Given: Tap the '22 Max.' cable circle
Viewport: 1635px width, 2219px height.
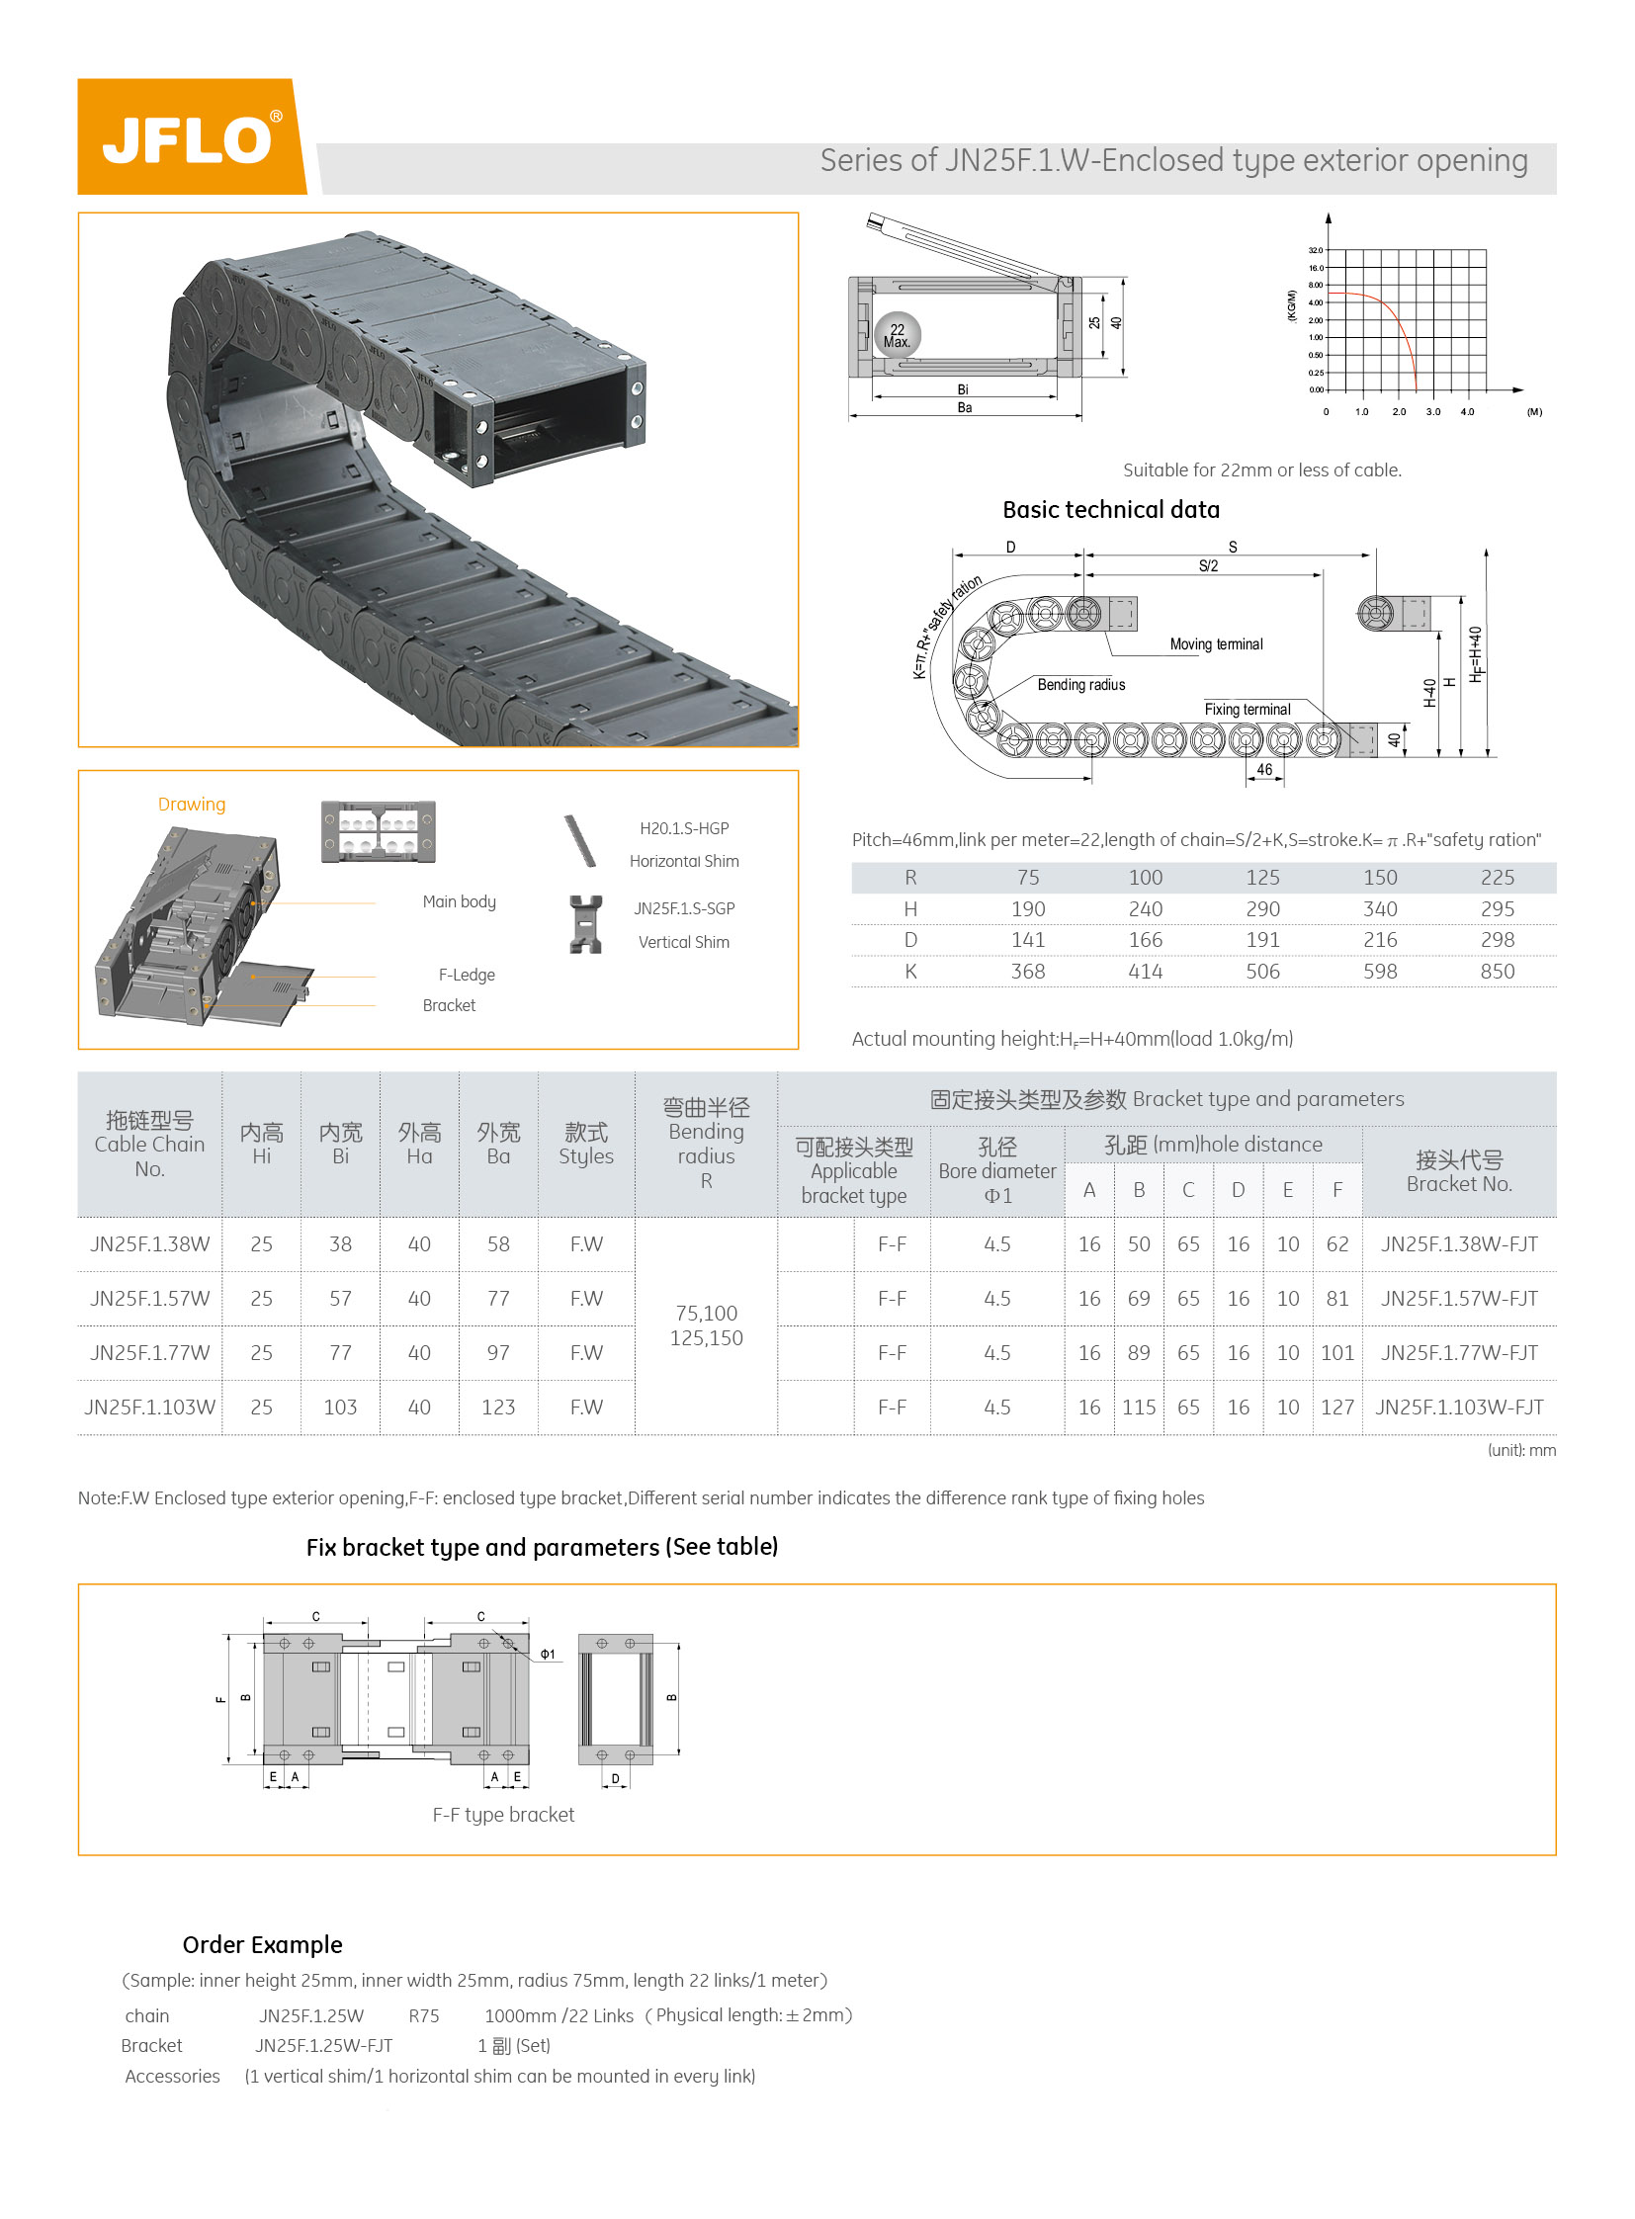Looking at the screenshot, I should (897, 335).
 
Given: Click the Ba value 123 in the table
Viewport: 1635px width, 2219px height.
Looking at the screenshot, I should (498, 1407).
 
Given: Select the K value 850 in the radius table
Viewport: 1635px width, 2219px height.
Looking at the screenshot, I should (1497, 971).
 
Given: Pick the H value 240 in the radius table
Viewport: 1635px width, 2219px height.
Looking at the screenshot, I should (1145, 908).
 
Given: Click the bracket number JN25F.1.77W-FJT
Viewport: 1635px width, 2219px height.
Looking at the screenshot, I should (1459, 1352).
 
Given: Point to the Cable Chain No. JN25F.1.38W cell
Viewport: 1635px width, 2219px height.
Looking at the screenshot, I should (149, 1244).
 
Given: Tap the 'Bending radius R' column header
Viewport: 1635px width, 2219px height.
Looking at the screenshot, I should (706, 1144).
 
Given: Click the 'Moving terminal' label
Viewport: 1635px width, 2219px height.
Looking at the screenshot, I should (1215, 644).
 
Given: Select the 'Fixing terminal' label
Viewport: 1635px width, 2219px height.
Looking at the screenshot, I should (1248, 710).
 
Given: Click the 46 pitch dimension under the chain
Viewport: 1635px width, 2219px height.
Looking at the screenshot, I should (1264, 769).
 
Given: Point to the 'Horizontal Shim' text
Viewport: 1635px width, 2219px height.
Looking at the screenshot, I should (684, 861).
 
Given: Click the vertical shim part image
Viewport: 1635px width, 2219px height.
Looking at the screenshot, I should (585, 923).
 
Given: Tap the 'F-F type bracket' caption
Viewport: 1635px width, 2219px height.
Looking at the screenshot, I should (503, 1814).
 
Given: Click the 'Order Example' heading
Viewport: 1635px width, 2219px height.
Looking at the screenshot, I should (262, 1945).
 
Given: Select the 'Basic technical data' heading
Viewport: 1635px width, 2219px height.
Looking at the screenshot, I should (1110, 510).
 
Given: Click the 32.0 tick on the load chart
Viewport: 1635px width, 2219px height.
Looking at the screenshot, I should (1316, 250).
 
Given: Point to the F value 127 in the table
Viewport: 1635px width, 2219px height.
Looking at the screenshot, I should (1337, 1407).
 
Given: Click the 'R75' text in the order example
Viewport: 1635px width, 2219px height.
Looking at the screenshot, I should (424, 2016).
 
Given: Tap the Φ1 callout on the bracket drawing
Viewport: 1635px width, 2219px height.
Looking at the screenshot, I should (548, 1654).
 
